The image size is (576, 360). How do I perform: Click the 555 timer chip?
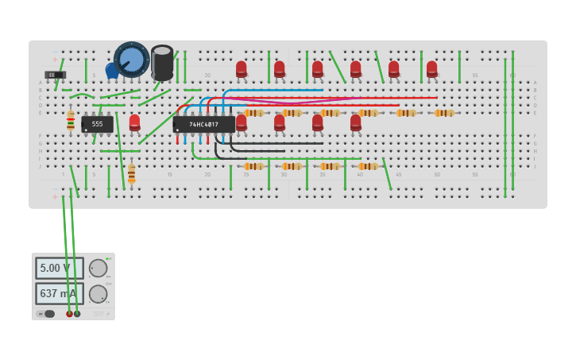click(97, 124)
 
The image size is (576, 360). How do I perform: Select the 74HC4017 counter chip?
click(204, 124)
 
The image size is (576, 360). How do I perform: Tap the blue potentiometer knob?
click(131, 59)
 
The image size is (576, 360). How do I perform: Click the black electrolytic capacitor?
click(162, 62)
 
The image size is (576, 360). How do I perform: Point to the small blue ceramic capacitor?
click(111, 71)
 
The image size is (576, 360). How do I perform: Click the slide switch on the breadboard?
click(55, 75)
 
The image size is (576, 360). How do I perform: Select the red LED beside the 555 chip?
click(135, 122)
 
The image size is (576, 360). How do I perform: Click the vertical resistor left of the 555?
click(71, 120)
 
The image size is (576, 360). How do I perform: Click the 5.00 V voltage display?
click(59, 268)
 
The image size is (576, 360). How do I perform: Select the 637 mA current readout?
click(59, 293)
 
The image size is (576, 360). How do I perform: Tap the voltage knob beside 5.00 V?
click(98, 268)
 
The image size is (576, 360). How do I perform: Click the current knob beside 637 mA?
click(98, 294)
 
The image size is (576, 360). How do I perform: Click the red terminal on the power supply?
click(69, 314)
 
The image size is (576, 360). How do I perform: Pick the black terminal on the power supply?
click(77, 314)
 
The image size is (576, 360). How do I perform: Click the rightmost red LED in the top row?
click(432, 69)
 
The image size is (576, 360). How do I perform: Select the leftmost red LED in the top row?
click(242, 69)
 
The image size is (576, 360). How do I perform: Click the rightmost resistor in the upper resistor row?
click(444, 113)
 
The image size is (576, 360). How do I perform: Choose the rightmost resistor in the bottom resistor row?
click(368, 166)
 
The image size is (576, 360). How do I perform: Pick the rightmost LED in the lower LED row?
click(356, 122)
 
